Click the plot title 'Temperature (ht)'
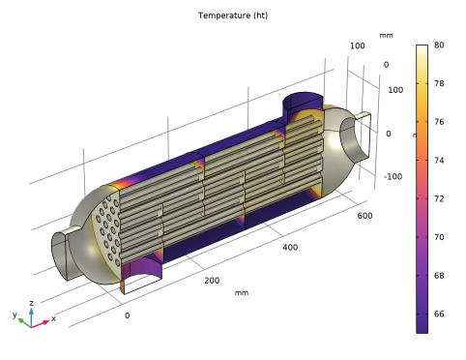tap(233, 15)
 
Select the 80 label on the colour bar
tap(439, 45)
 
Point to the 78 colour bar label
tap(439, 83)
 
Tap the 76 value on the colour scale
tap(439, 122)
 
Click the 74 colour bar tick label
tap(439, 160)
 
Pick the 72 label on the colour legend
tap(439, 198)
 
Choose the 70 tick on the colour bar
tap(439, 237)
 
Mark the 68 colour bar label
tap(439, 275)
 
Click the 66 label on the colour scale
tap(439, 314)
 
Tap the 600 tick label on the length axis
tap(364, 216)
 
